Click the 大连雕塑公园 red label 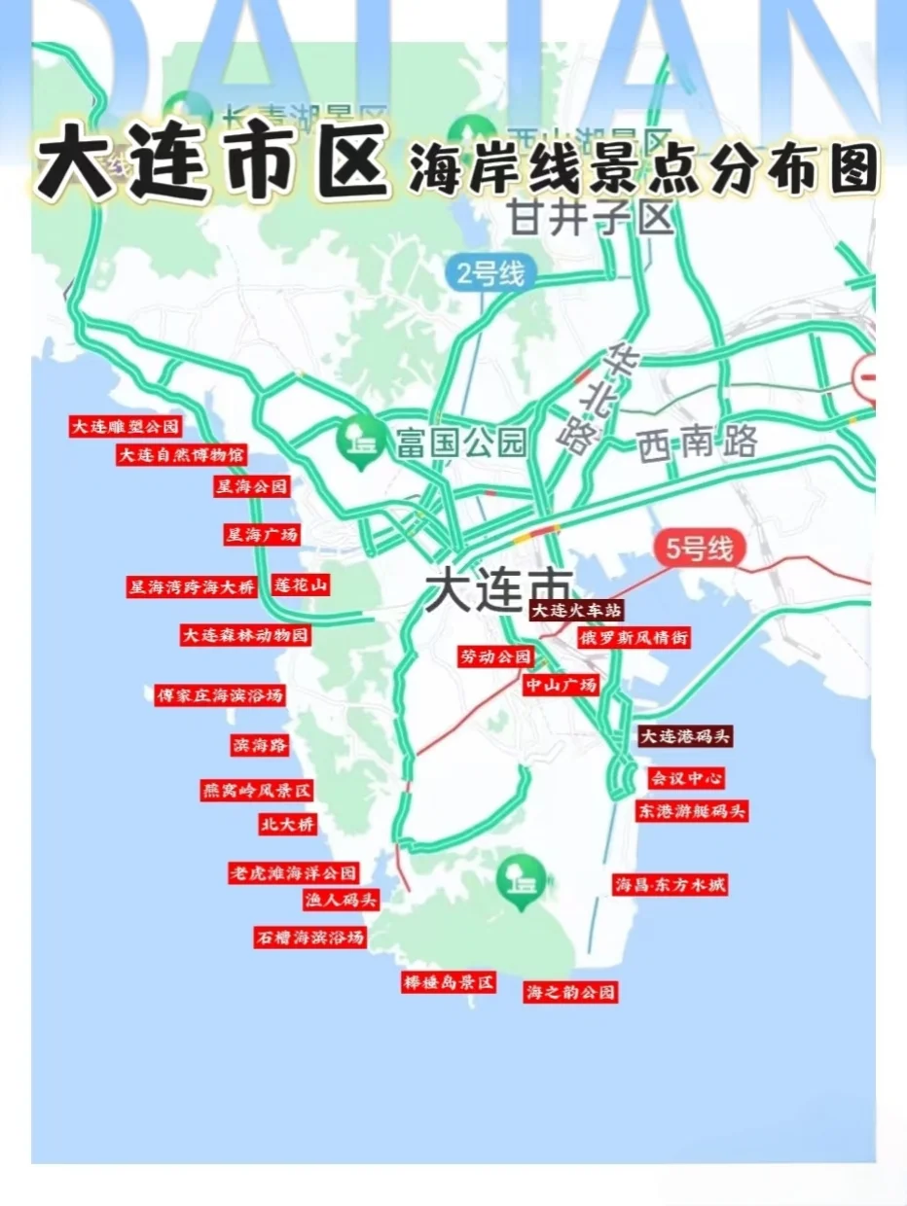tap(126, 426)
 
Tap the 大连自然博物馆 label tap(181, 455)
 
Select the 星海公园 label tap(252, 486)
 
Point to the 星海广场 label tap(261, 534)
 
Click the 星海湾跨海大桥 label tap(192, 586)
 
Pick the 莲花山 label tap(301, 585)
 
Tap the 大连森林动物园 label tap(245, 635)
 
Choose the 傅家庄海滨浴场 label tap(220, 695)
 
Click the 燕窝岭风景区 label tap(257, 791)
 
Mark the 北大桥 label tap(287, 824)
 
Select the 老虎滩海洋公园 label tap(293, 872)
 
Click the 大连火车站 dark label tap(575, 611)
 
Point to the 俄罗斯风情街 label tap(634, 639)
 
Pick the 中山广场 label tap(561, 686)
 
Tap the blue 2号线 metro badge tap(491, 274)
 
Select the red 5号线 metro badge tap(699, 550)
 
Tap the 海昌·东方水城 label tap(670, 885)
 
